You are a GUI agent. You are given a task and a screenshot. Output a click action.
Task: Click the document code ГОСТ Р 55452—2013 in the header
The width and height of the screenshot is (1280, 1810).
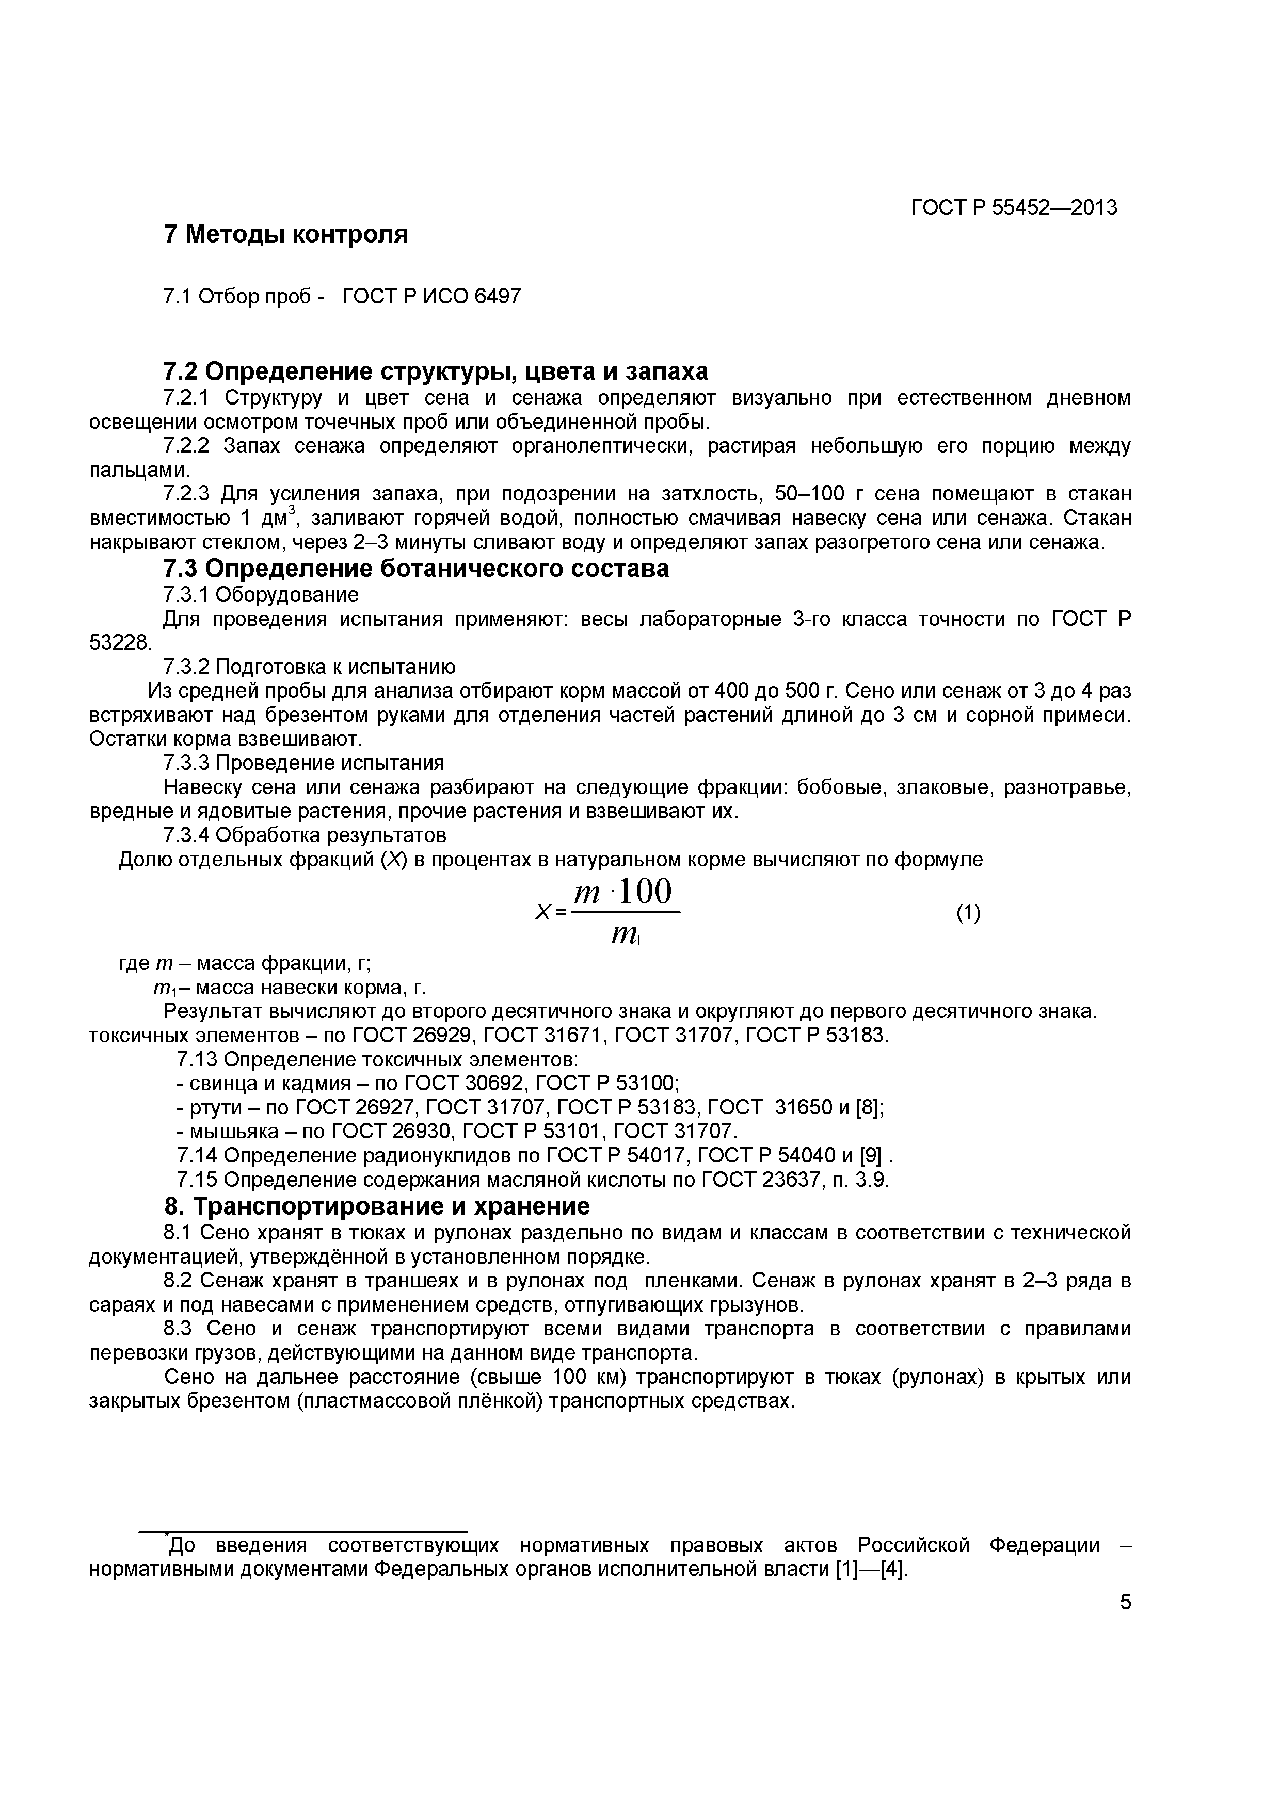pyautogui.click(x=1014, y=207)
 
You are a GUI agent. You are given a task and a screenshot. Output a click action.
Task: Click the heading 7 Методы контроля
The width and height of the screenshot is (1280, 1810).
pyautogui.click(x=285, y=234)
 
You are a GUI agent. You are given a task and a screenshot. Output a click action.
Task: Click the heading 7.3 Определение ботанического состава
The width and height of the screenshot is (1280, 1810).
pyautogui.click(x=415, y=569)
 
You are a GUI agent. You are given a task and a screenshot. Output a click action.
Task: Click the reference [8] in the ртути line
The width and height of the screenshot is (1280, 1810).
pyautogui.click(x=868, y=1108)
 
